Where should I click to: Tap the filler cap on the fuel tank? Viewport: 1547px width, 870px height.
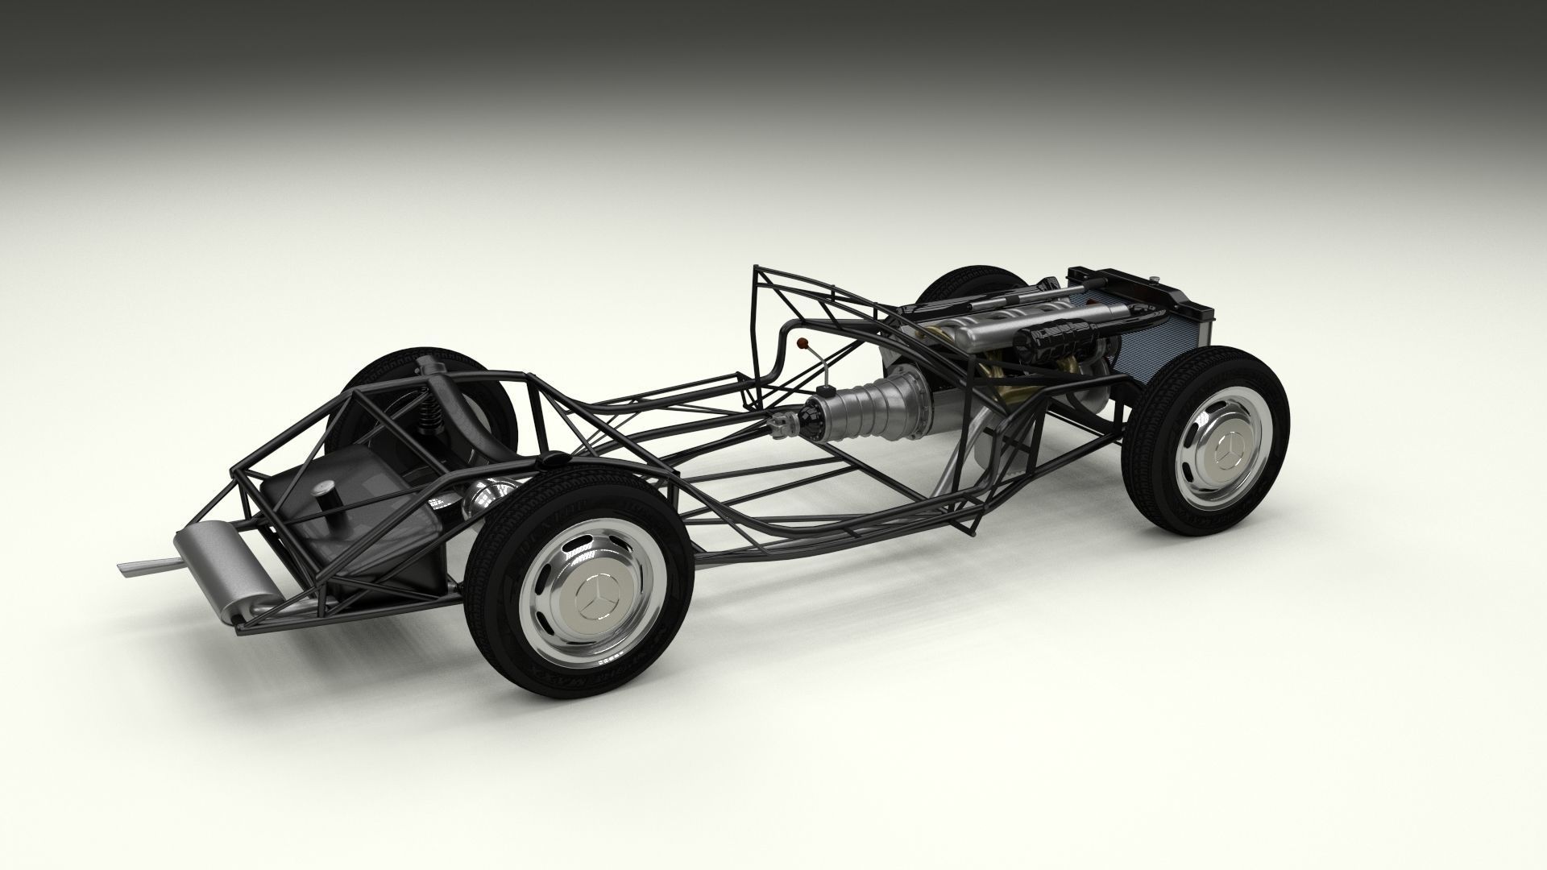(328, 493)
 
